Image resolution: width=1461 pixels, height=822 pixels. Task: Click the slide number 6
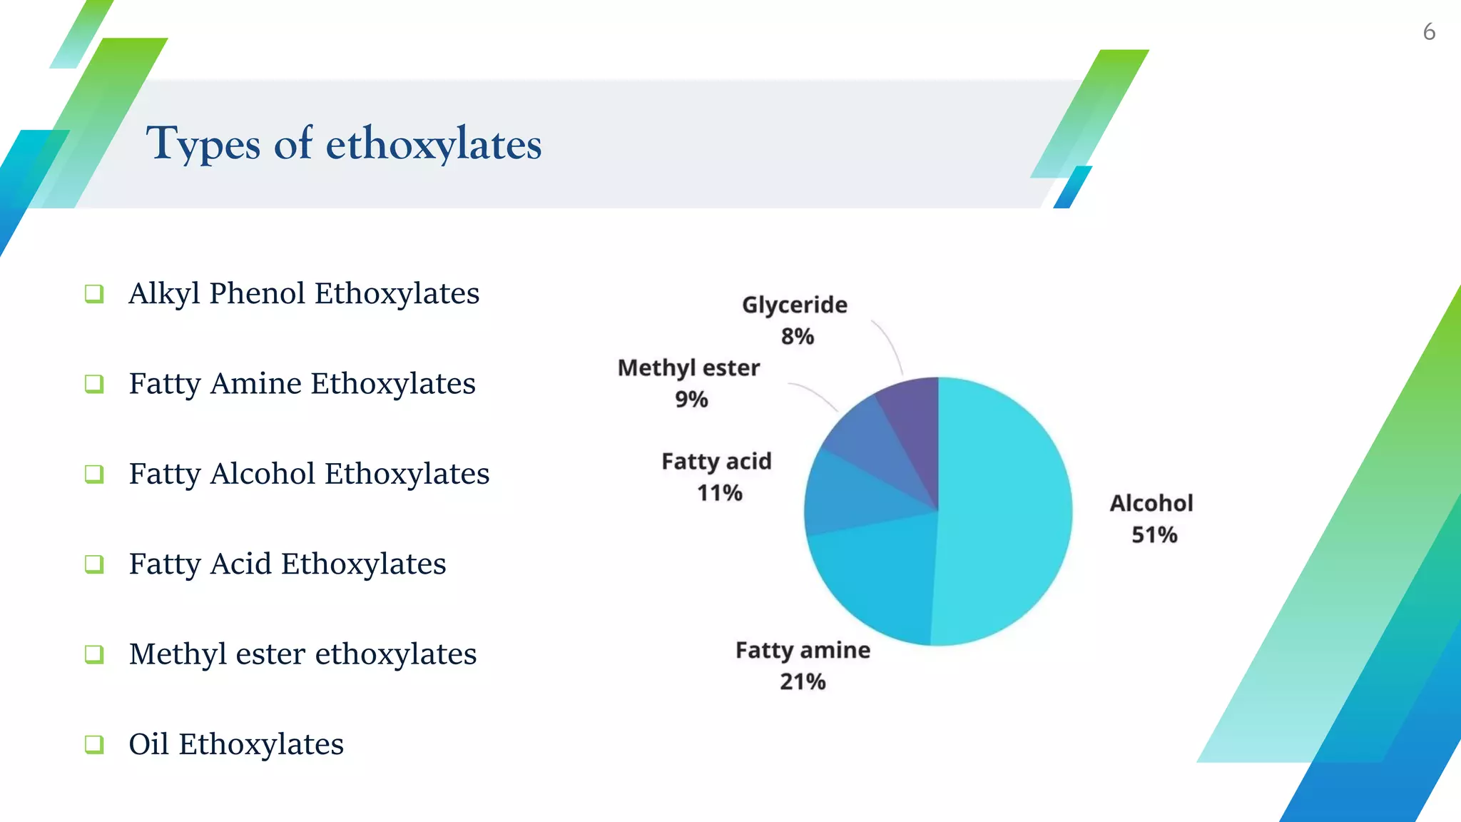click(x=1429, y=32)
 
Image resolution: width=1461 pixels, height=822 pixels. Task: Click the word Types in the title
click(x=203, y=144)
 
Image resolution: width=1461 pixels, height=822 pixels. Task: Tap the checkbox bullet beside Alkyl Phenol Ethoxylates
click(x=94, y=293)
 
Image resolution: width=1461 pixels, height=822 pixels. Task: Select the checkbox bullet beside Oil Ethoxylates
click(x=94, y=744)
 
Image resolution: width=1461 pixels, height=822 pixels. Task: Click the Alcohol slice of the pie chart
click(x=1006, y=514)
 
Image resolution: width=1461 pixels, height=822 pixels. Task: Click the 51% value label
click(x=1154, y=535)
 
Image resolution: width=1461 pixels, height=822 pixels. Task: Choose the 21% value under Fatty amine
click(x=803, y=682)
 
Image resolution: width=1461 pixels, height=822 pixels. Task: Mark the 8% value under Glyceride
click(x=798, y=337)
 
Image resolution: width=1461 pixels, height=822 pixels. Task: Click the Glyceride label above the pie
click(x=795, y=305)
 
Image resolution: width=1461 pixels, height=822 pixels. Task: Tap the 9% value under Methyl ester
click(x=691, y=400)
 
